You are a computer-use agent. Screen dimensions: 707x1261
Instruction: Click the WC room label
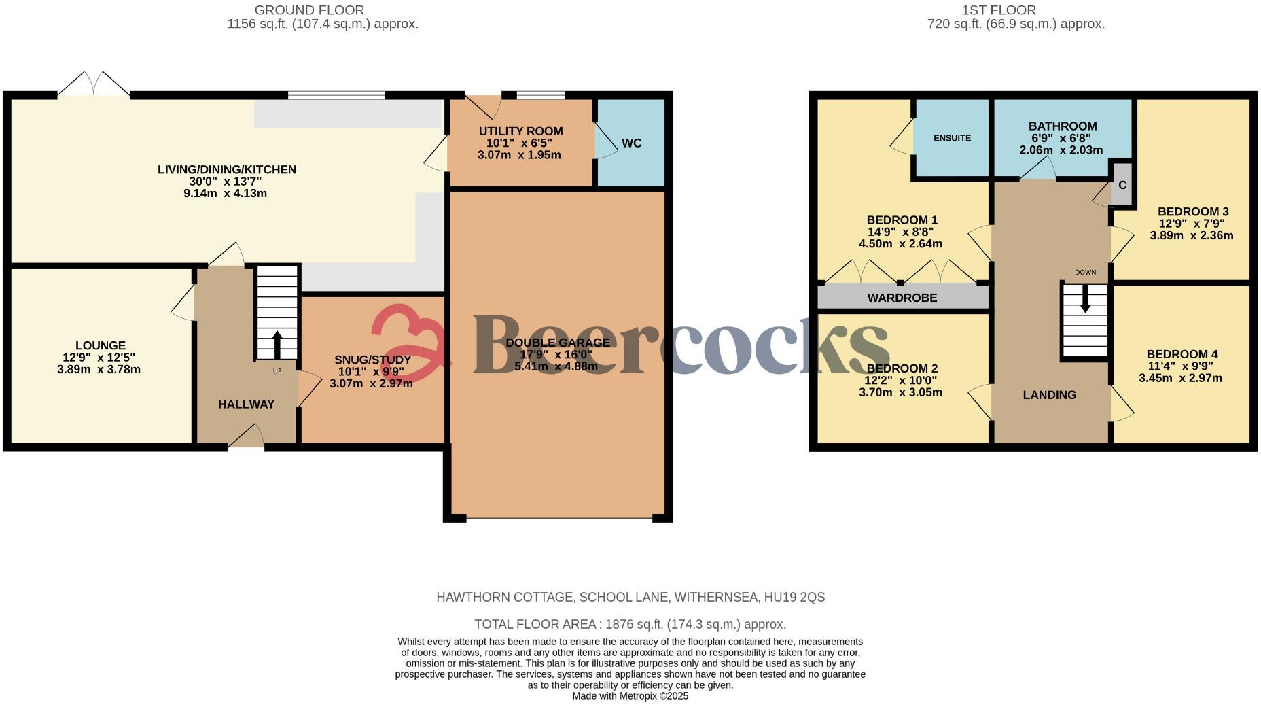(x=631, y=143)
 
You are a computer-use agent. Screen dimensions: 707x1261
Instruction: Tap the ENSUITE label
(x=952, y=138)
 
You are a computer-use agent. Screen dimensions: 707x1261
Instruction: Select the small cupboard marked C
(x=1122, y=185)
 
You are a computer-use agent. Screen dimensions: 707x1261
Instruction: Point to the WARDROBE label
(x=902, y=298)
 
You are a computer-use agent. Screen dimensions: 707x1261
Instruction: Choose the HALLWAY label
(x=246, y=404)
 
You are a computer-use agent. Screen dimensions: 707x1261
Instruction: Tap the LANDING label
(x=1049, y=395)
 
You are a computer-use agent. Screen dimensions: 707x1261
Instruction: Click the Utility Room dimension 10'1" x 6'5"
(x=520, y=143)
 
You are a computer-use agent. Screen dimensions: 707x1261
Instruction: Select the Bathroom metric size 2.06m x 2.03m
(x=1061, y=150)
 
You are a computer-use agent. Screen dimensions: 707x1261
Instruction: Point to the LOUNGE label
(x=100, y=345)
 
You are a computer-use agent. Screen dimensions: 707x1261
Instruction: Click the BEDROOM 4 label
(x=1182, y=354)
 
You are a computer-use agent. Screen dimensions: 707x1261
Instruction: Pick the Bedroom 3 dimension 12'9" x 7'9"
(x=1193, y=224)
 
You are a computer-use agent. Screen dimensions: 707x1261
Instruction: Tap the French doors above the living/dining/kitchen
(x=94, y=84)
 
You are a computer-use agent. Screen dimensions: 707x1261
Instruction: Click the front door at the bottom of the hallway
(x=246, y=437)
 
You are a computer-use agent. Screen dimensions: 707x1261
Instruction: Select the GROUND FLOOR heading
(x=309, y=10)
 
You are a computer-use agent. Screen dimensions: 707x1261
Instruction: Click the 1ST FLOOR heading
(x=1008, y=10)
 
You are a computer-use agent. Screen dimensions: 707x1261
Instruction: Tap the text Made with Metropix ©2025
(x=630, y=696)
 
